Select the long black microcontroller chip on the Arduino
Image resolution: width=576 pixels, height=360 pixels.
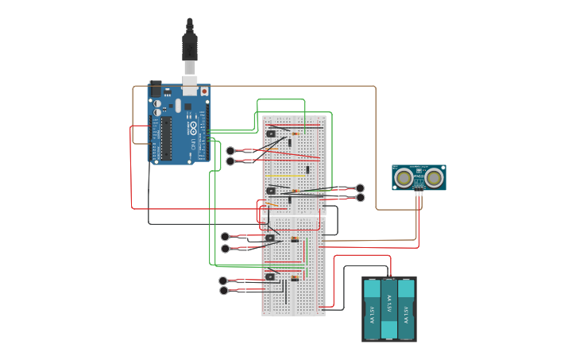click(x=167, y=136)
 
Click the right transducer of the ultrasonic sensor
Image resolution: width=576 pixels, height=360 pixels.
click(x=434, y=177)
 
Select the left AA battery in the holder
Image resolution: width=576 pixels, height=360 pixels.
click(x=373, y=310)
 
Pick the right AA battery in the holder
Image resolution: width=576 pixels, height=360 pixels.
click(x=406, y=310)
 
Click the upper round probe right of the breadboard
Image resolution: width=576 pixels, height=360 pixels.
click(x=360, y=188)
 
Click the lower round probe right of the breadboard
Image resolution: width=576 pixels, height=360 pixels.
click(x=360, y=197)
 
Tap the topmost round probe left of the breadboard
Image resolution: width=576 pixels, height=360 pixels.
click(x=230, y=151)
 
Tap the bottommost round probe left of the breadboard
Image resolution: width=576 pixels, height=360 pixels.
click(x=223, y=291)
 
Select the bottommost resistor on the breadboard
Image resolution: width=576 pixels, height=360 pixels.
click(x=295, y=277)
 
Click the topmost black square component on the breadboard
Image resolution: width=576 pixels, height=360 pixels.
click(x=272, y=134)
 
